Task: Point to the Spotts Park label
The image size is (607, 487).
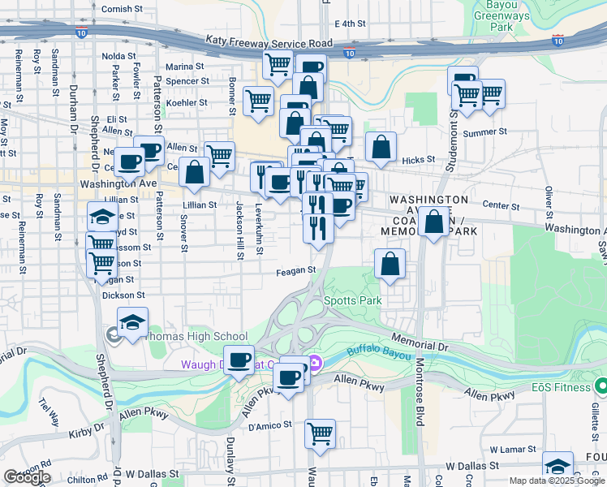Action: tap(352, 300)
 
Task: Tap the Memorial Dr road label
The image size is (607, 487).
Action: tap(420, 342)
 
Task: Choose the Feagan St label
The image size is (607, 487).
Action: tap(295, 270)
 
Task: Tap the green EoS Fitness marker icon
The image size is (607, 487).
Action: tap(601, 385)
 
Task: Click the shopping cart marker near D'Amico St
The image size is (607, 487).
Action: tap(321, 432)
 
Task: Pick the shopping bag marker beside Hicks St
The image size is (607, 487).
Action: tap(381, 147)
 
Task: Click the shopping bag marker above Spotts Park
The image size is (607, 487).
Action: tap(390, 263)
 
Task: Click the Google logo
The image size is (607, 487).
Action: tap(27, 477)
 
